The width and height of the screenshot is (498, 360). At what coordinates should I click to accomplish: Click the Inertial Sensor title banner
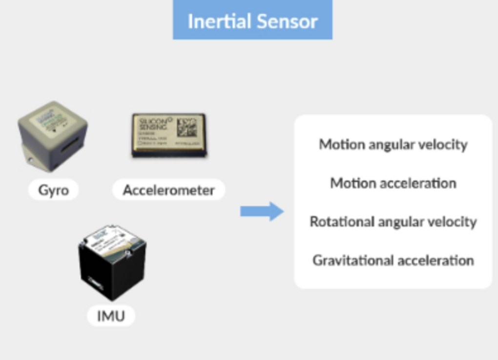point(252,20)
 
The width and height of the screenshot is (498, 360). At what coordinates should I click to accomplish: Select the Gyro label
point(53,190)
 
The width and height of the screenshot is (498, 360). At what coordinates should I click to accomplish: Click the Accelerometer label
point(168,190)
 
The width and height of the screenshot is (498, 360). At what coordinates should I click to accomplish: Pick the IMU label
point(111,316)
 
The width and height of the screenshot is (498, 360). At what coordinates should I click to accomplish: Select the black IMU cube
point(112,263)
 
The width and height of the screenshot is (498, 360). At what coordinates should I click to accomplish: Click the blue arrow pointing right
point(262,211)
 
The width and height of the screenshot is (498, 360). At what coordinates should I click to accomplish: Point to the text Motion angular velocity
point(393,144)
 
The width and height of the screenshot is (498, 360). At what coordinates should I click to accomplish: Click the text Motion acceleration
point(393,183)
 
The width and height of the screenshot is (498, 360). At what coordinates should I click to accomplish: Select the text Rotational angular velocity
point(393,221)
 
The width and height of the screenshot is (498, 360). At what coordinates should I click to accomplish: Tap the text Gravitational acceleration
point(393,260)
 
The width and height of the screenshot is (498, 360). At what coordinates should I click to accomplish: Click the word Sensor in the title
point(293,21)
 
